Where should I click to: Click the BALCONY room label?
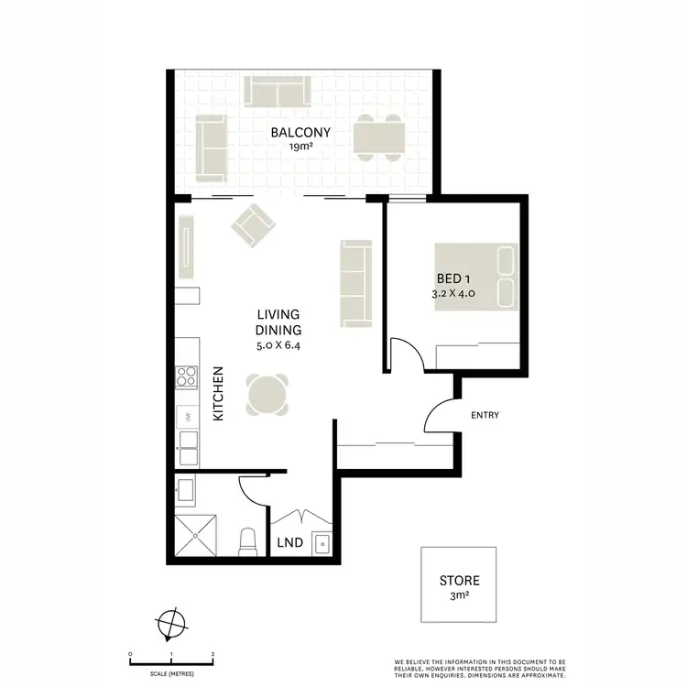coord(300,133)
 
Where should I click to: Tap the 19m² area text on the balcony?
coord(300,147)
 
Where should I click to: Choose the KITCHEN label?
coord(219,395)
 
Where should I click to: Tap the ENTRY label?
coord(485,416)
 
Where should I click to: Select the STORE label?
coord(459,581)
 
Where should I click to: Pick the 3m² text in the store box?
coord(459,596)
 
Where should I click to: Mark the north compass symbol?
coord(169,623)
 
